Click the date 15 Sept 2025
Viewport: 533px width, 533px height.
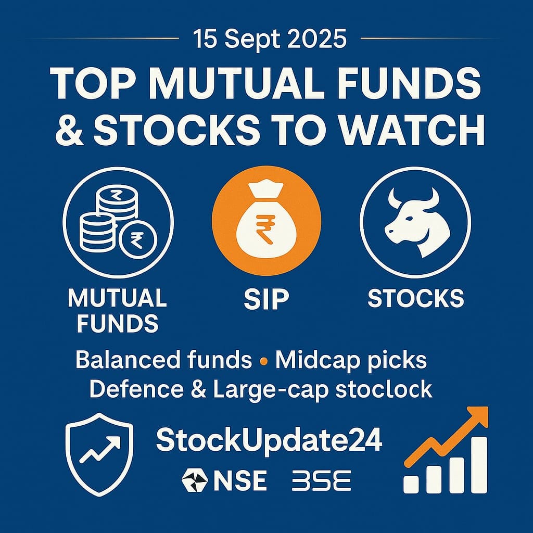270,39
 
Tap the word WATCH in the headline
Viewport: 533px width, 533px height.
412,130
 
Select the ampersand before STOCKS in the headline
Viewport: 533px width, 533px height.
69,131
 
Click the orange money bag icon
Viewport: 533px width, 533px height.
266,221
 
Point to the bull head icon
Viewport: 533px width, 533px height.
416,222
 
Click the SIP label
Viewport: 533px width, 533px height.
266,299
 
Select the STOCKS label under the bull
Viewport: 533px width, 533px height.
416,298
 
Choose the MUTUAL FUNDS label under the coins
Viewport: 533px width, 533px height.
117,310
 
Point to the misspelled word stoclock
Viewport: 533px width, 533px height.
384,389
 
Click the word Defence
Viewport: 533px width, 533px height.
136,389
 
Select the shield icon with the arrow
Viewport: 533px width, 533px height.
99,454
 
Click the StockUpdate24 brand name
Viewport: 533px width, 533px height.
269,441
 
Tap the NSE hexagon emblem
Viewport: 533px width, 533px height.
195,480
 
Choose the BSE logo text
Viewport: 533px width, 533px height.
321,480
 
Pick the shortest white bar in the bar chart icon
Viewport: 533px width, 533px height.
411,484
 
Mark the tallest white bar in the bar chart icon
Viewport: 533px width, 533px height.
479,465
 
